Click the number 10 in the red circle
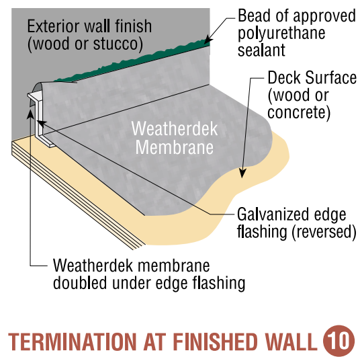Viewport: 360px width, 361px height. pyautogui.click(x=339, y=341)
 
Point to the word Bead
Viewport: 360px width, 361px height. pyautogui.click(x=254, y=16)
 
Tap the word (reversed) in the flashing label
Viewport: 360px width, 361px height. pyautogui.click(x=324, y=232)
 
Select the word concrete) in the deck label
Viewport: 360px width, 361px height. pyautogui.click(x=299, y=112)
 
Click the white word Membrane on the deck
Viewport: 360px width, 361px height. pyautogui.click(x=175, y=147)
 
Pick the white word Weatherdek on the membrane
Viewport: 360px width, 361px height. pyautogui.click(x=175, y=129)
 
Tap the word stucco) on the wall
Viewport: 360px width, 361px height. pyautogui.click(x=118, y=44)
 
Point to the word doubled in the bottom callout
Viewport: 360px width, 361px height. pyautogui.click(x=80, y=283)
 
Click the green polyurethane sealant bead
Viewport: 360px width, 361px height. pyautogui.click(x=131, y=62)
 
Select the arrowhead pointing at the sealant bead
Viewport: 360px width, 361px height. pyautogui.click(x=208, y=40)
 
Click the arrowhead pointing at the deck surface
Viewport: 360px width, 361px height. pyautogui.click(x=242, y=173)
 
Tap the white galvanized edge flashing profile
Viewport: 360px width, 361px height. pyautogui.click(x=41, y=118)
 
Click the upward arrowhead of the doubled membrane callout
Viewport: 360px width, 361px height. pyautogui.click(x=30, y=114)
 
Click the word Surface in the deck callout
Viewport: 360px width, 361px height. pyautogui.click(x=330, y=77)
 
